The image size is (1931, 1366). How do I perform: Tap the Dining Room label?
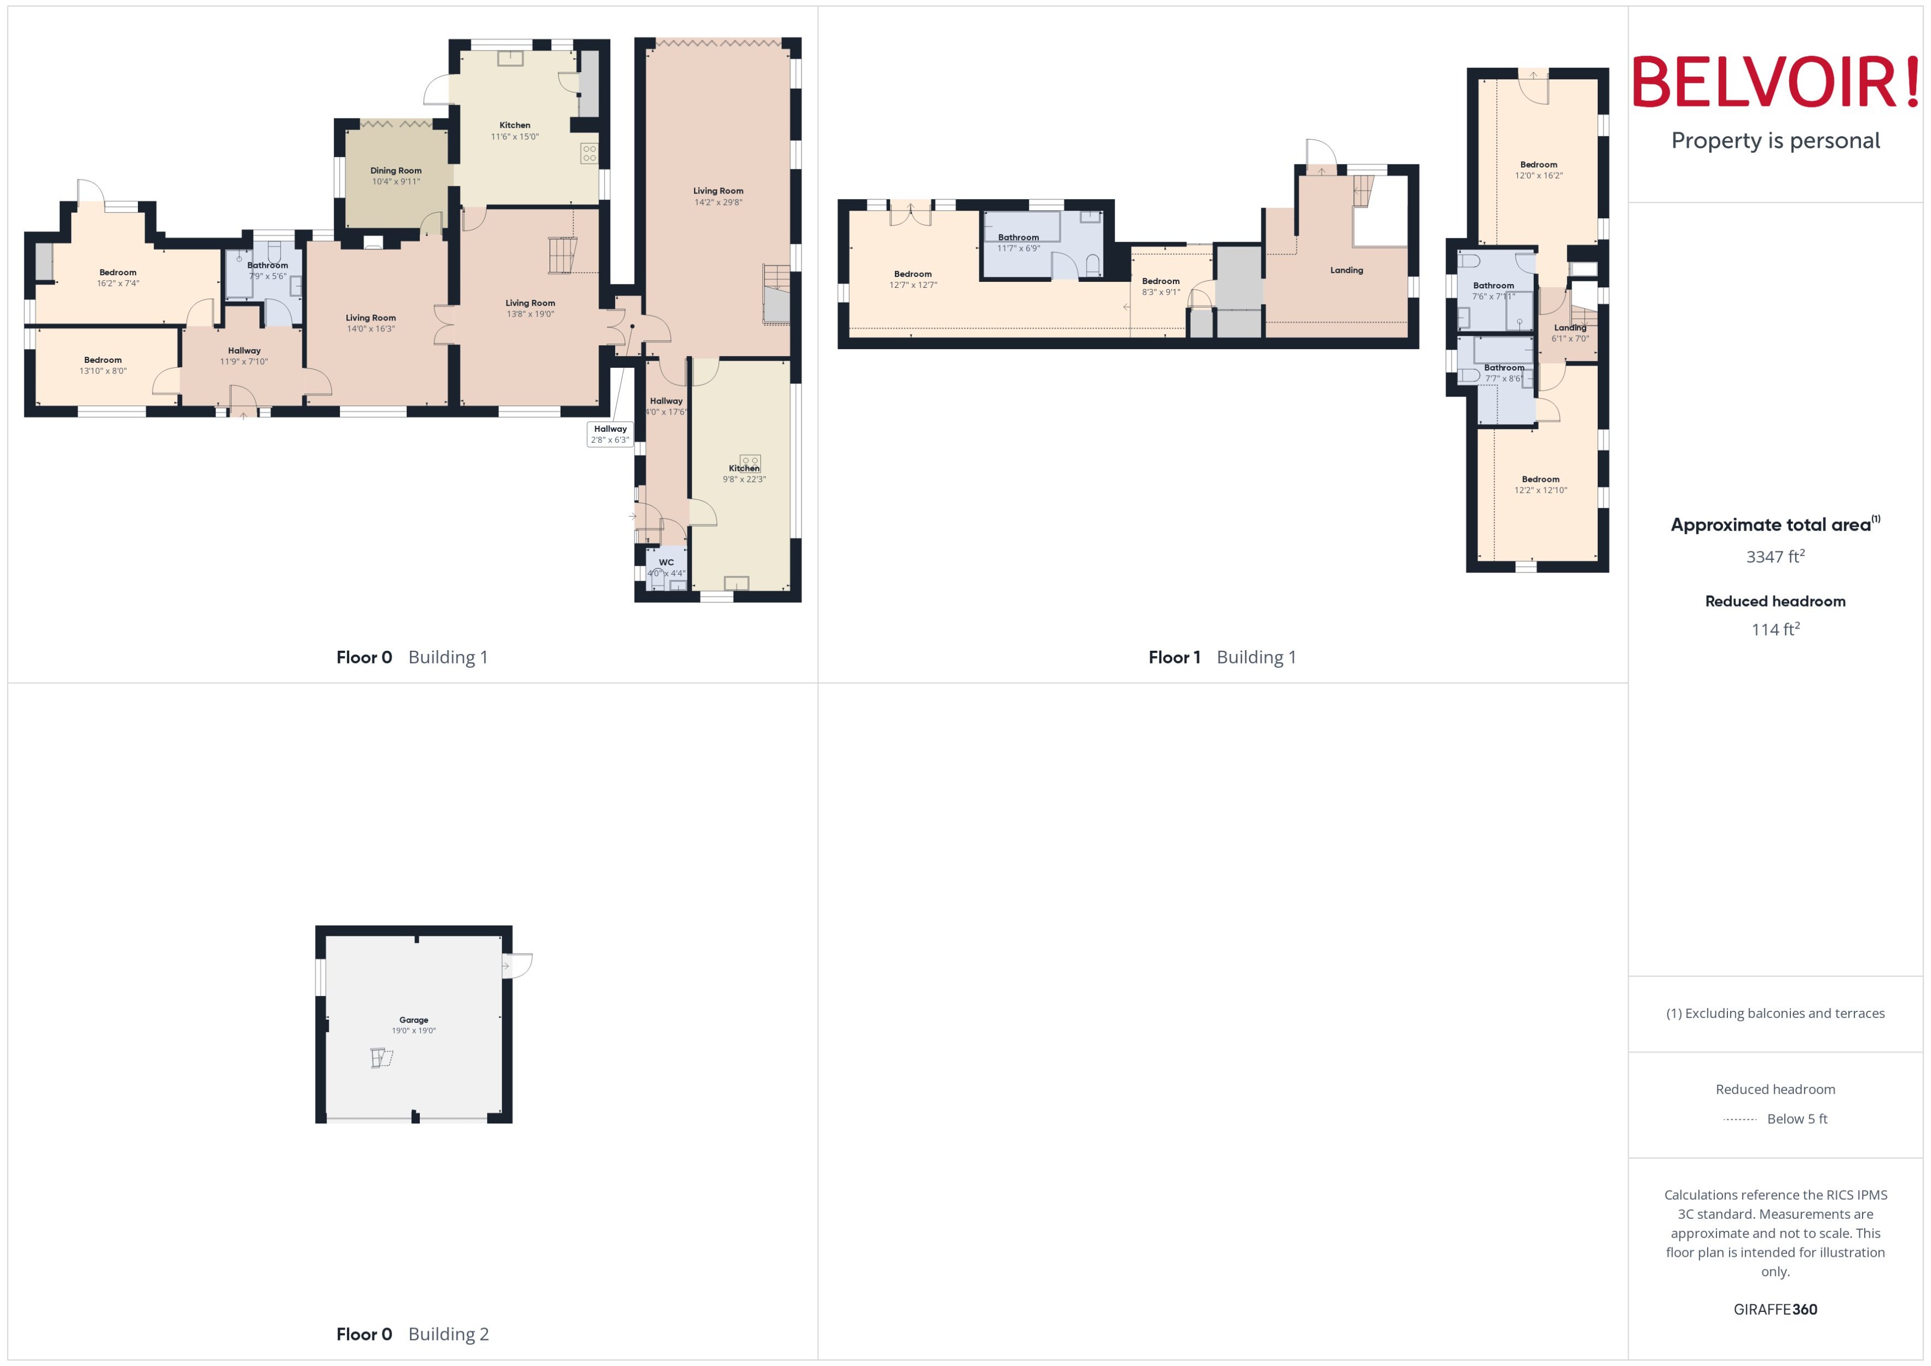click(396, 171)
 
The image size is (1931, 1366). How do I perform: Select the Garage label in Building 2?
click(413, 1020)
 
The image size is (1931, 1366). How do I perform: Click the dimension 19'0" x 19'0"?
click(413, 1030)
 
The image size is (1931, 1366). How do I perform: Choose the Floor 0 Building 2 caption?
click(412, 1333)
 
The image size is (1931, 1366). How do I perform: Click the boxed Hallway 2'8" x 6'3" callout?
click(610, 434)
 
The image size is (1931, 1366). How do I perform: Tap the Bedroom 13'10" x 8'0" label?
click(103, 365)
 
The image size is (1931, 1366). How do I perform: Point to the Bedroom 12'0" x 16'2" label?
click(1538, 170)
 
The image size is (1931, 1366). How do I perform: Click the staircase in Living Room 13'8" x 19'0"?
click(562, 255)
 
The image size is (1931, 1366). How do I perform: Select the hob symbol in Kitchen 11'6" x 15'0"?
click(589, 153)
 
